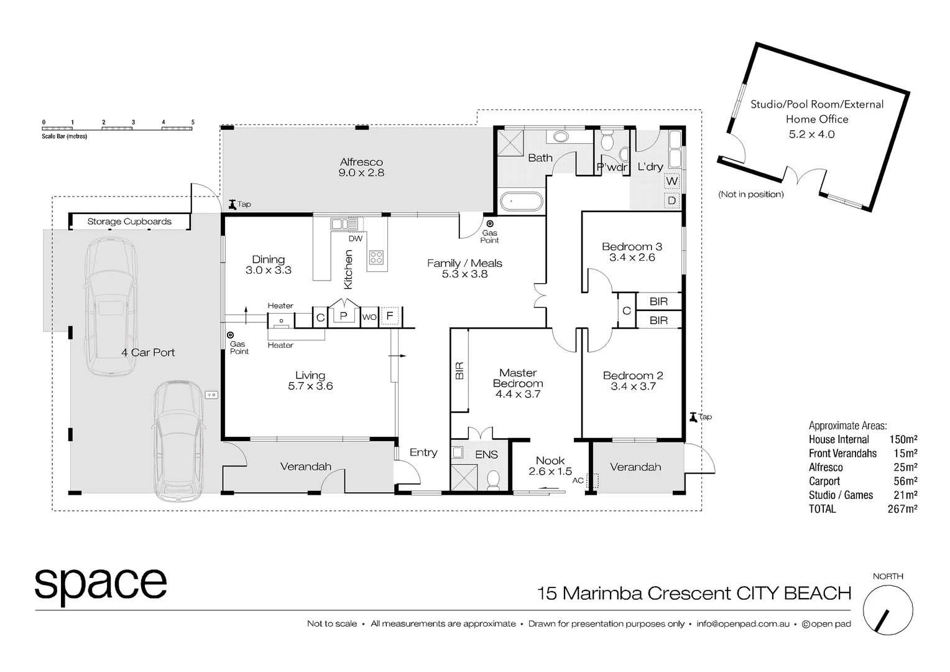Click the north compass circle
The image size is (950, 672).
coord(888,610)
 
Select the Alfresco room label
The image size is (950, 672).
coord(361,162)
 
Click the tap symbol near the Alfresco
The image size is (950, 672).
coord(233,203)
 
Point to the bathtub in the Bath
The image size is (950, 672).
coord(522,202)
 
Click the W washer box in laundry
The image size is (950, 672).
coord(672,181)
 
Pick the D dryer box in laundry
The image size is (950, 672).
coord(672,201)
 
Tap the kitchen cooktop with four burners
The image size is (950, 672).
coord(376,256)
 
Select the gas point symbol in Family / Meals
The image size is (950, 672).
coord(490,223)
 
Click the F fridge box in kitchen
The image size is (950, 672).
coord(390,316)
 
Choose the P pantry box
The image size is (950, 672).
coord(343,315)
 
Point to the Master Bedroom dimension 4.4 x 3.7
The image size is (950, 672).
coord(518,394)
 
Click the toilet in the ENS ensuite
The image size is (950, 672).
coord(494,479)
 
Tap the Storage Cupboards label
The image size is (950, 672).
coord(129,222)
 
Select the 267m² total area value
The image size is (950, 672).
coord(902,509)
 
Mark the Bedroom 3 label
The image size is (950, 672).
coord(632,246)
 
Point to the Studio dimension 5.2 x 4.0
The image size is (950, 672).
coord(811,134)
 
